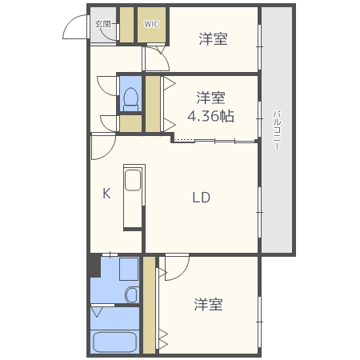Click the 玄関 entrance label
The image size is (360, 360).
(x=103, y=24)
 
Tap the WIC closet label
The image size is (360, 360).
(x=152, y=24)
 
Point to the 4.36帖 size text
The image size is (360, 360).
(x=210, y=116)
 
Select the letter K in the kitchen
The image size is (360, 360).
(x=106, y=193)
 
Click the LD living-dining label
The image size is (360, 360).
(x=200, y=198)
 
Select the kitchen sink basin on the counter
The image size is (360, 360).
(x=133, y=180)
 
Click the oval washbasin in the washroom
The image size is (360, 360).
(x=132, y=295)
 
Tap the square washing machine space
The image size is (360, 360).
(x=128, y=269)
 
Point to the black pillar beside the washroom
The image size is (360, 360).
(x=94, y=265)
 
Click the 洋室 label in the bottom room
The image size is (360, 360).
(x=208, y=305)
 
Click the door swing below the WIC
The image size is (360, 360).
(x=156, y=59)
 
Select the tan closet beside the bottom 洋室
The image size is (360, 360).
(x=149, y=304)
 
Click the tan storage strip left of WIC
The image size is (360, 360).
(x=126, y=25)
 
